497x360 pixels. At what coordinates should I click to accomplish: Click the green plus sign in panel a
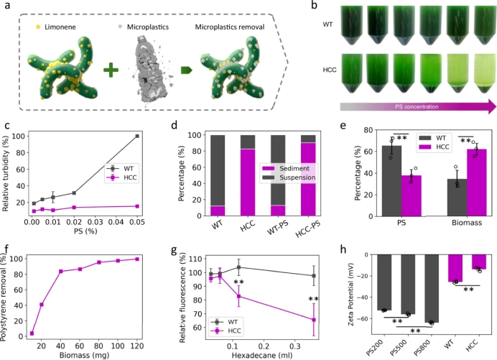pyautogui.click(x=113, y=70)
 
